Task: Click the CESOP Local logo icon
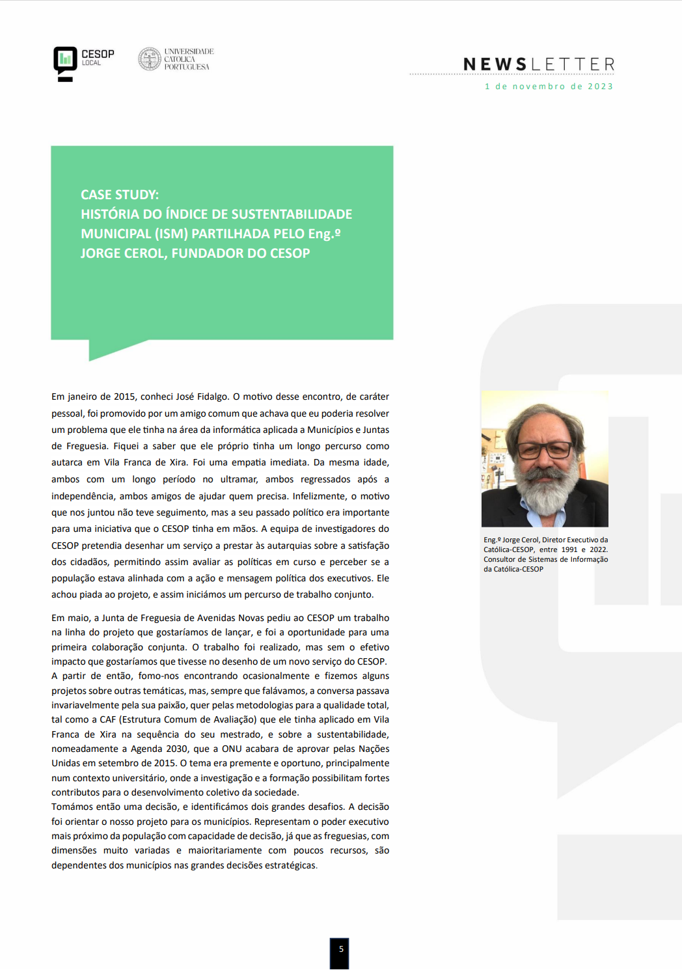point(65,63)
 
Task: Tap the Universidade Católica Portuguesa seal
point(150,59)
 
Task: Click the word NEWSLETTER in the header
point(539,64)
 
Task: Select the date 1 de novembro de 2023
point(549,87)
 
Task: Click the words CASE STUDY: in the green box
point(120,195)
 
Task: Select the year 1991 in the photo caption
point(569,549)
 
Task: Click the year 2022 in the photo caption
point(598,549)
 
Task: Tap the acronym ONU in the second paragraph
point(232,749)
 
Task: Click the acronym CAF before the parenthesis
point(107,719)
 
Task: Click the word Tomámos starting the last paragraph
point(72,807)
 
